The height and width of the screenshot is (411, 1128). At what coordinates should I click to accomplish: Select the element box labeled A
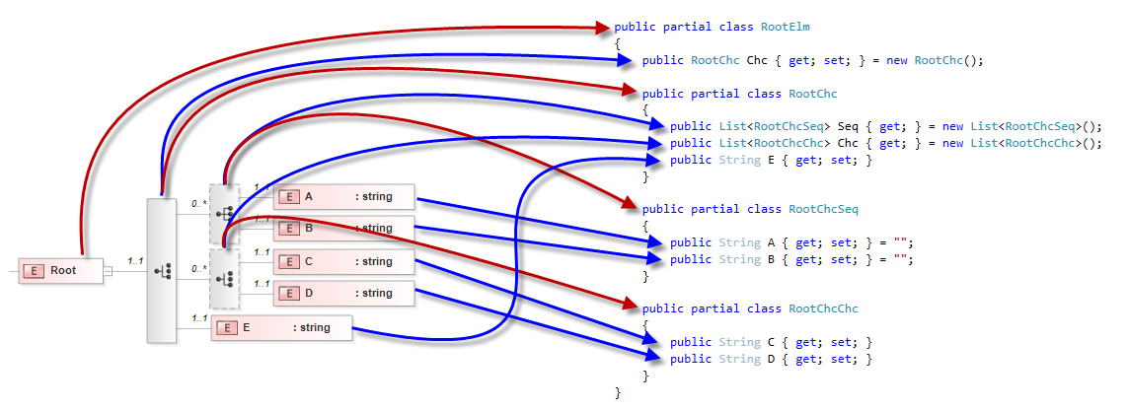coord(343,196)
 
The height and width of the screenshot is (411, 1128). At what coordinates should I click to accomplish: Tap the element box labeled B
coord(343,229)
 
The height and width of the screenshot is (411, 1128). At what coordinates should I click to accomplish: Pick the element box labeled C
coord(343,261)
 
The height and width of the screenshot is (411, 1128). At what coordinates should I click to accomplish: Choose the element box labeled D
coord(343,293)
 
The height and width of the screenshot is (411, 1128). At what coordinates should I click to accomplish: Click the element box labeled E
coord(281,327)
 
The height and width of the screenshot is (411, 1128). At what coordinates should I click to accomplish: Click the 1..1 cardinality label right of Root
coord(136,261)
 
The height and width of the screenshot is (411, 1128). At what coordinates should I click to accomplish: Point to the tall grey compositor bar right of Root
coord(160,270)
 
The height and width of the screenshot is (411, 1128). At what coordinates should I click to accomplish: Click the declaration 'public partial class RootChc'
coord(739,94)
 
